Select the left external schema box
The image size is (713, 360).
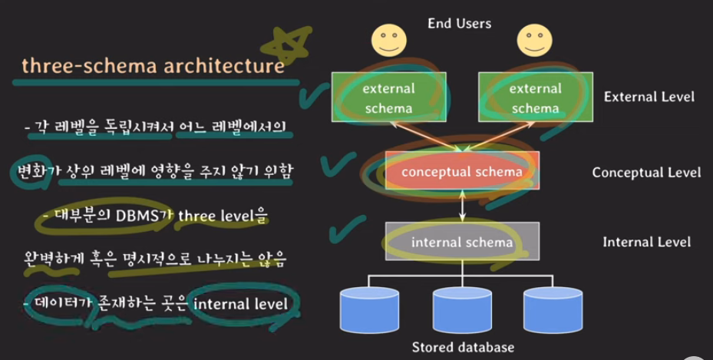tap(388, 97)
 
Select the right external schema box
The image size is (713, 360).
tap(536, 97)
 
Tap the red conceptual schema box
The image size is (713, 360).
tap(462, 171)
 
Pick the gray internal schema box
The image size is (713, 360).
tap(462, 243)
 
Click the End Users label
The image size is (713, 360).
tap(459, 23)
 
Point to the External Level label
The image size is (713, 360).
tap(649, 97)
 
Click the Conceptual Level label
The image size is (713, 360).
tap(646, 172)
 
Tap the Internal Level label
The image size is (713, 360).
tap(646, 243)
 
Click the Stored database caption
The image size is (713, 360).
tap(463, 346)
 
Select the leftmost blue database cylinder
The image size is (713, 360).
tap(370, 309)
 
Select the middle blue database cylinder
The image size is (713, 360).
tap(461, 309)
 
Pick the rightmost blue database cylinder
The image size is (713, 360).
tap(553, 309)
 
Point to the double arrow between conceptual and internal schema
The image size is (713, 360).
tap(461, 206)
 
